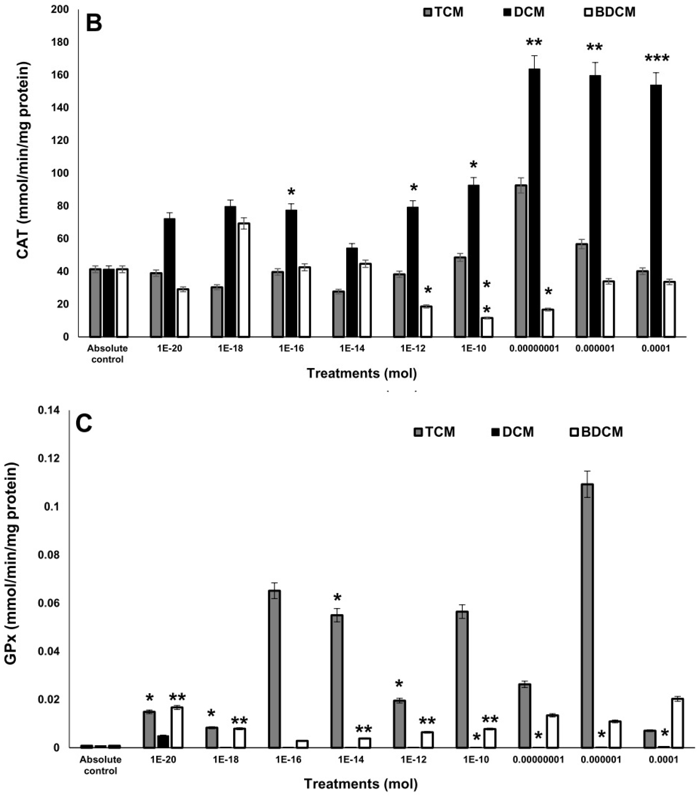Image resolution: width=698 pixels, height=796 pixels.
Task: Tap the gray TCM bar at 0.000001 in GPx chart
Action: point(587,615)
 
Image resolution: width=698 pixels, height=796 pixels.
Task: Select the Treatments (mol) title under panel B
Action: point(362,373)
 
